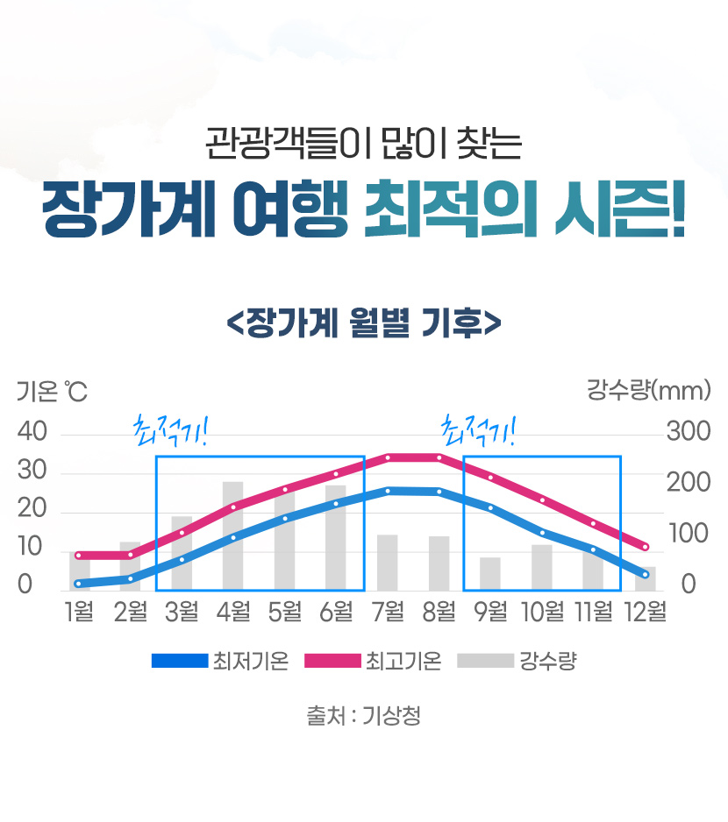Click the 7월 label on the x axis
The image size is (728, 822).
click(x=388, y=611)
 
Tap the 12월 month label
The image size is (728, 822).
click(x=645, y=611)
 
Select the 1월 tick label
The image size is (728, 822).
click(x=79, y=611)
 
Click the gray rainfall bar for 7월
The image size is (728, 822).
click(x=388, y=563)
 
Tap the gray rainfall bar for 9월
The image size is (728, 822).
click(x=490, y=574)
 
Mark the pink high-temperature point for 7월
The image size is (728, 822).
click(x=388, y=457)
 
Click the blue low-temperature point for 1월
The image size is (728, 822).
click(x=79, y=584)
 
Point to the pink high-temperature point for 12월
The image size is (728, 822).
click(x=645, y=547)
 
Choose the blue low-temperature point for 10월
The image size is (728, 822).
click(x=542, y=532)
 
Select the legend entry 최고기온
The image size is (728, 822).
click(x=373, y=661)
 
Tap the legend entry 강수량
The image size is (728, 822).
click(x=517, y=661)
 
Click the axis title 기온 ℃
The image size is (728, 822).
click(x=52, y=392)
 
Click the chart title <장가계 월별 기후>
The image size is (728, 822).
click(x=363, y=321)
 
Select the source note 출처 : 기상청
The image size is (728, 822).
click(x=363, y=716)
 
